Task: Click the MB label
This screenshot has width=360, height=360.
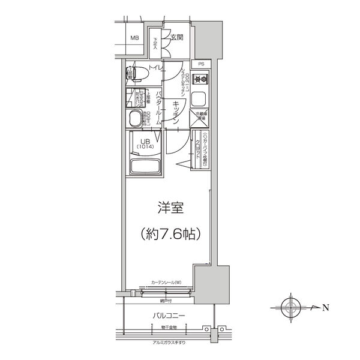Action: point(135,39)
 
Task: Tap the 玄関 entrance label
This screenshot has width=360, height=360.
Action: point(176,38)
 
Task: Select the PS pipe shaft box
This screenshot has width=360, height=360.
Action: point(201,64)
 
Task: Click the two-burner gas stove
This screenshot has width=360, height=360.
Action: point(200,79)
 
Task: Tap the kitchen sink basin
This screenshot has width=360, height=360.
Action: point(201,97)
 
